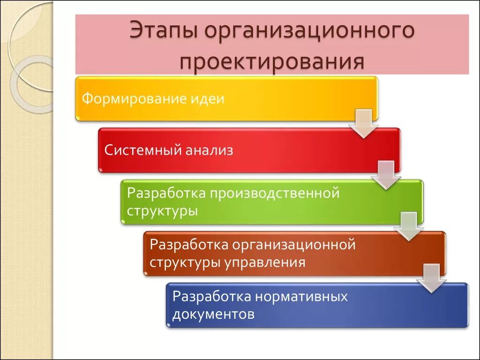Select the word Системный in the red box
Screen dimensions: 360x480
pos(141,150)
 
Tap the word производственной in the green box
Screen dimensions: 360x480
pos(272,193)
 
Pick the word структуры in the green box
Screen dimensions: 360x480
pos(162,210)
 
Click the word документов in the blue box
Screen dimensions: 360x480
pos(213,314)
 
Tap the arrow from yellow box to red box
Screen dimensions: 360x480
pos(364,124)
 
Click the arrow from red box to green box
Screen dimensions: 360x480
pos(386,175)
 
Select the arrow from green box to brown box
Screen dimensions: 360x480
pos(408,227)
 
